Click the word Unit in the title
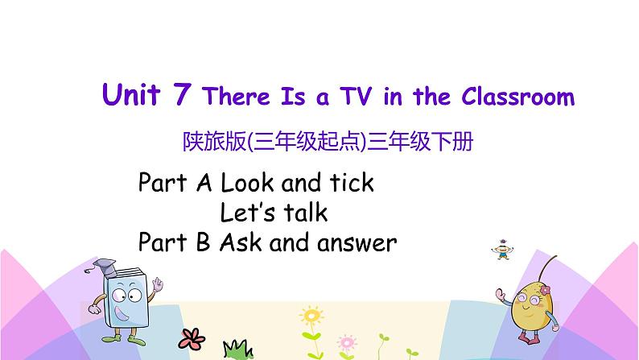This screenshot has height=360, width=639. pos(132,96)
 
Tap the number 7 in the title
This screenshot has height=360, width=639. pos(181,96)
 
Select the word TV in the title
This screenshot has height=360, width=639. pos(355,97)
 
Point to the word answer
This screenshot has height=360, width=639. pos(360,242)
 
